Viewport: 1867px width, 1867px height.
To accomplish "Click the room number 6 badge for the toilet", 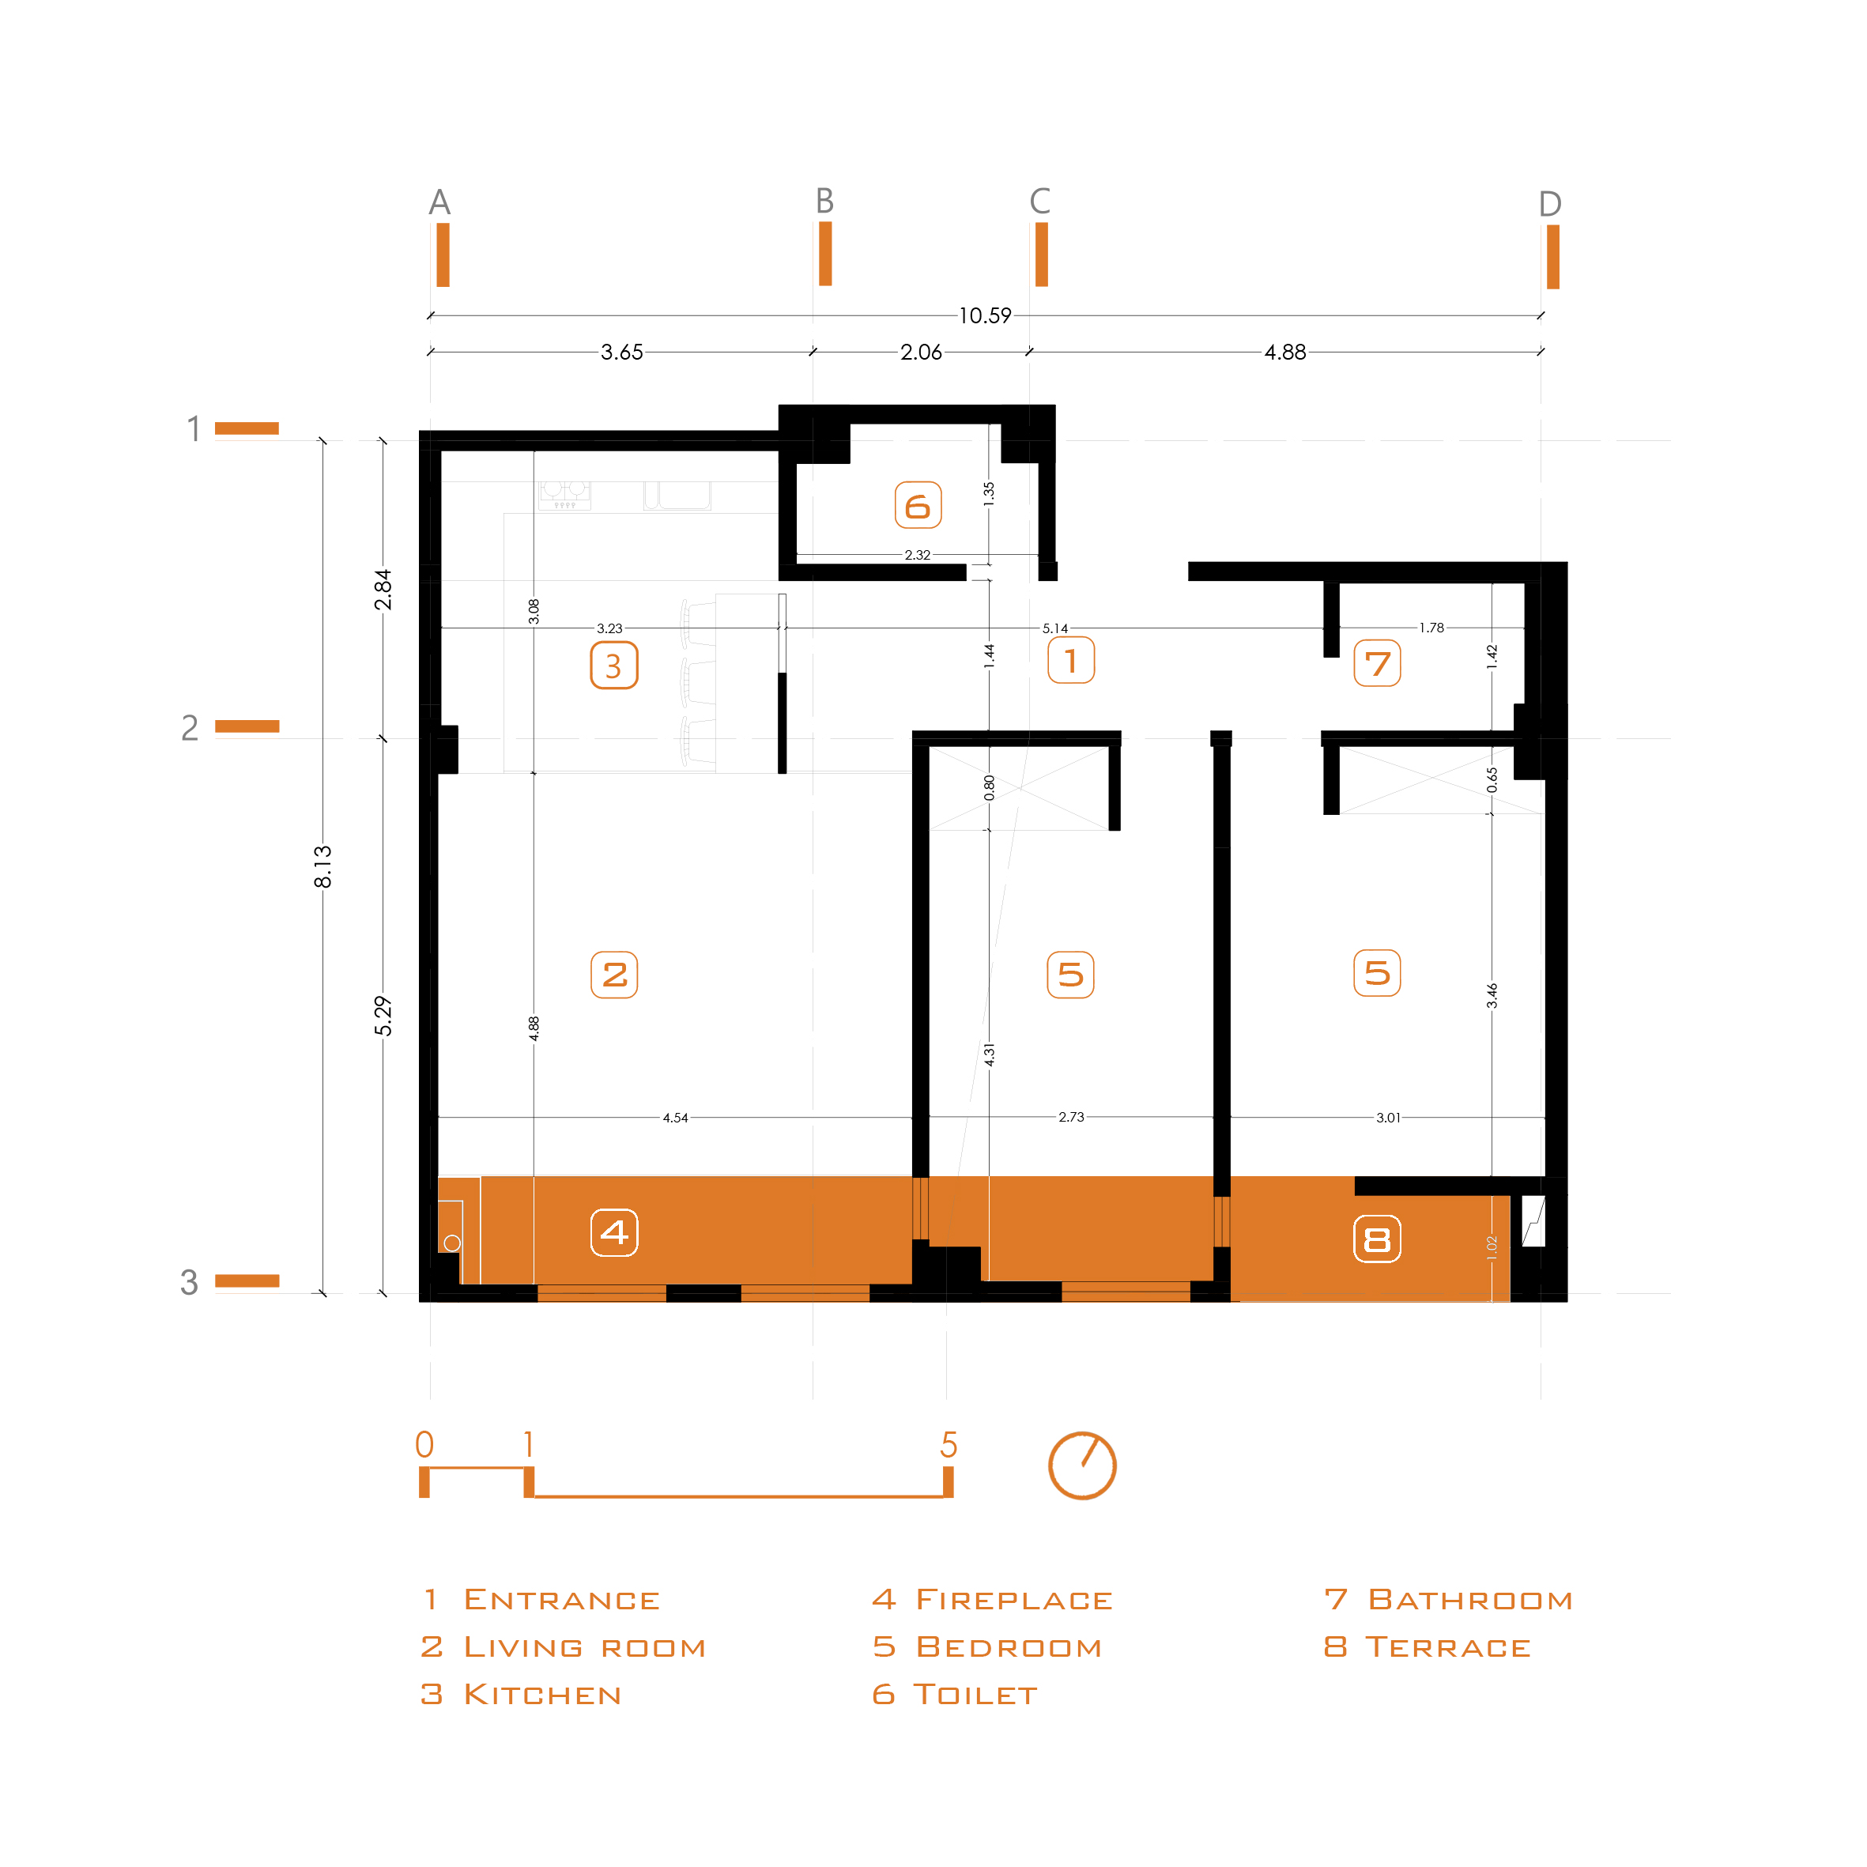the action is [x=917, y=504].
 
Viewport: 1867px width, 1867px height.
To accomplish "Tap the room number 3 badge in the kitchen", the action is [x=613, y=665].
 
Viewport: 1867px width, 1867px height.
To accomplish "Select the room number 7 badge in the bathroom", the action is [x=1377, y=663].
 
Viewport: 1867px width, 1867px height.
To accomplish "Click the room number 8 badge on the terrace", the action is [x=1377, y=1239].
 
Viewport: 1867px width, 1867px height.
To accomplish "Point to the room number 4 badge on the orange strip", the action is [x=613, y=1232].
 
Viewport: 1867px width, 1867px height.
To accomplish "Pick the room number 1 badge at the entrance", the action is [x=1071, y=660].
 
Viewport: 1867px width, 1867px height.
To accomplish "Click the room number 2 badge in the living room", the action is [x=613, y=974].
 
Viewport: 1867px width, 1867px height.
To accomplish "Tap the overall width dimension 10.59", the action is [x=985, y=316].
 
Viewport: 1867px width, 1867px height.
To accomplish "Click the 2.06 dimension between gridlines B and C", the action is [x=921, y=352].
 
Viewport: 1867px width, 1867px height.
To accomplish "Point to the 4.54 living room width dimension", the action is [x=676, y=1118].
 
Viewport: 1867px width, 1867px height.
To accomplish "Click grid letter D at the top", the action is [x=1550, y=204].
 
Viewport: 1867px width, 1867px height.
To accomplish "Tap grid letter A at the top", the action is [x=439, y=202].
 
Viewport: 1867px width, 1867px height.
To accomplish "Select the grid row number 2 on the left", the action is [x=190, y=728].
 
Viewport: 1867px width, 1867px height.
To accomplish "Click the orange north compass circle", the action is [x=1082, y=1465].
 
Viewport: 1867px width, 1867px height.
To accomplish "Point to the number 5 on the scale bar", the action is [x=949, y=1445].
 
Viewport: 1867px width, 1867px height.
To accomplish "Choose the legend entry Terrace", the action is [x=1428, y=1647].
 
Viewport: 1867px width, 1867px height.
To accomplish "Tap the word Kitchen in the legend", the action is [x=542, y=1695].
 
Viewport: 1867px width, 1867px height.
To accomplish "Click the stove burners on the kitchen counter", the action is [x=564, y=495].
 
